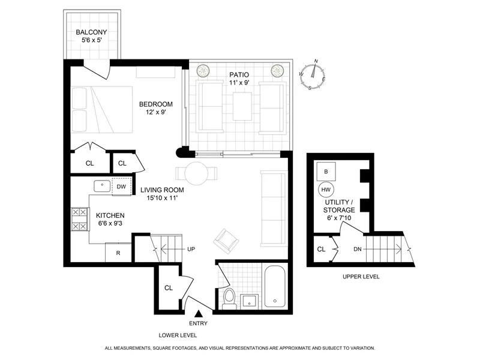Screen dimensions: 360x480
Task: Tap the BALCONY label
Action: click(92, 32)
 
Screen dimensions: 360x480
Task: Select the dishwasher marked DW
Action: click(121, 187)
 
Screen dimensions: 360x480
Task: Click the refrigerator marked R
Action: click(118, 253)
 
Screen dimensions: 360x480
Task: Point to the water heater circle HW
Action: click(326, 190)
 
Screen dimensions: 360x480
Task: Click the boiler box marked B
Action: click(326, 171)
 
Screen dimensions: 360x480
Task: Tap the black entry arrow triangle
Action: click(200, 313)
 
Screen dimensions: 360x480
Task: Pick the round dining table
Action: click(196, 174)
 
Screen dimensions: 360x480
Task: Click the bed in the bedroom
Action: click(102, 109)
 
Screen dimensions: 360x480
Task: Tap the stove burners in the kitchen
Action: click(80, 219)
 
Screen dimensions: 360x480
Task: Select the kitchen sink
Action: click(103, 186)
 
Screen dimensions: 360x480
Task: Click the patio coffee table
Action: click(242, 106)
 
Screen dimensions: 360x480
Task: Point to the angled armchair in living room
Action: click(227, 240)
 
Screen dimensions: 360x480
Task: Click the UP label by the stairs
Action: click(191, 249)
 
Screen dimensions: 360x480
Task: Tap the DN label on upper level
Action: click(358, 249)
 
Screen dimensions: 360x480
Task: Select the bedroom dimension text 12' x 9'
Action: click(155, 112)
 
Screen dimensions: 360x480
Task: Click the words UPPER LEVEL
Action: click(361, 277)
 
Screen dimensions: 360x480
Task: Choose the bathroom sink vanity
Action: click(248, 300)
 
